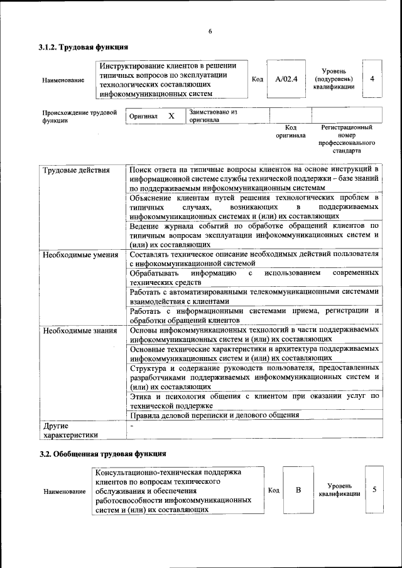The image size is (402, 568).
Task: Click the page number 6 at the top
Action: point(210,31)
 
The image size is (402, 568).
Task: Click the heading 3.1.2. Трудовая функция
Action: point(84,48)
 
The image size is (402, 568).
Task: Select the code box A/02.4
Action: point(286,79)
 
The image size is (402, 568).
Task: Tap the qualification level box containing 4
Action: point(372,79)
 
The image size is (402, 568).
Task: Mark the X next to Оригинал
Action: point(171,116)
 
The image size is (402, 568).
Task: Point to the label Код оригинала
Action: point(290,131)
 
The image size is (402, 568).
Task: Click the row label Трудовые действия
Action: point(76,170)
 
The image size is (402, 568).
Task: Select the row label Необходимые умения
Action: point(80,254)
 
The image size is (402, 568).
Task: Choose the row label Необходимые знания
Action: point(79,330)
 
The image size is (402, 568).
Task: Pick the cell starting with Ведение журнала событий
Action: point(254,235)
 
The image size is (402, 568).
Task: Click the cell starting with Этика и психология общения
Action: point(254,400)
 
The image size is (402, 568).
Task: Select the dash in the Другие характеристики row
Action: point(132,426)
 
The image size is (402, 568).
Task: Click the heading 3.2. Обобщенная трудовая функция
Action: point(102,453)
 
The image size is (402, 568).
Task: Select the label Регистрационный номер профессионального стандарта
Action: point(346,139)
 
